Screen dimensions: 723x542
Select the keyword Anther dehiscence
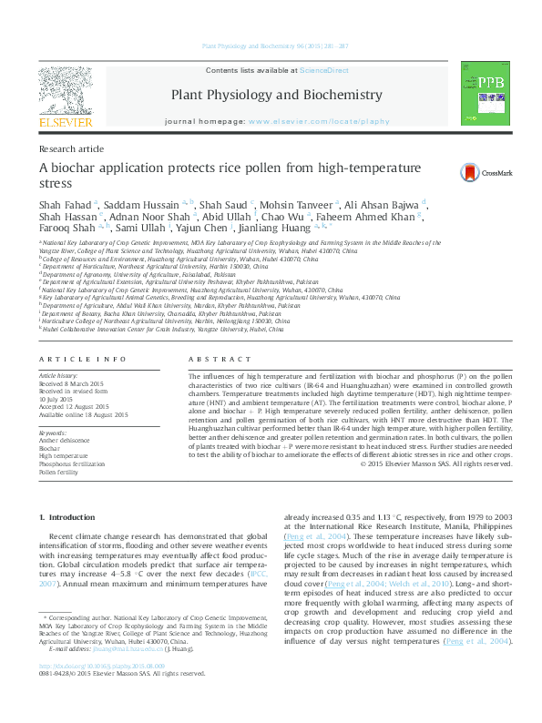(65, 440)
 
